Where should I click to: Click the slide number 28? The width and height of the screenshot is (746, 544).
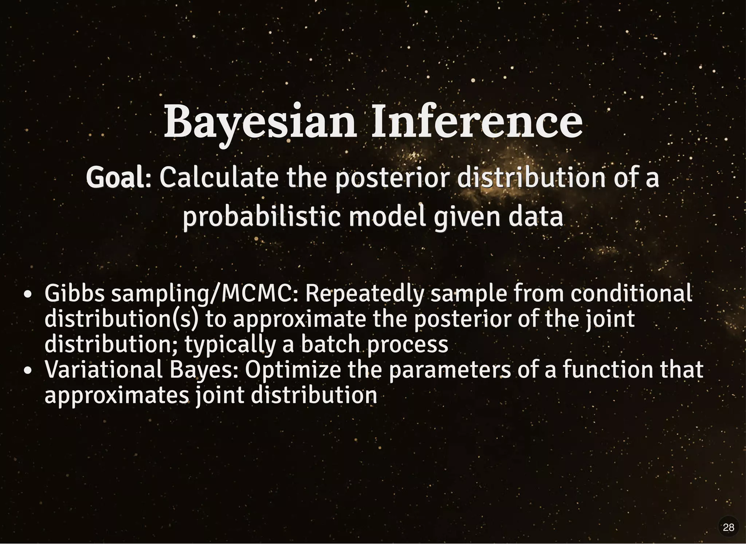click(728, 527)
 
